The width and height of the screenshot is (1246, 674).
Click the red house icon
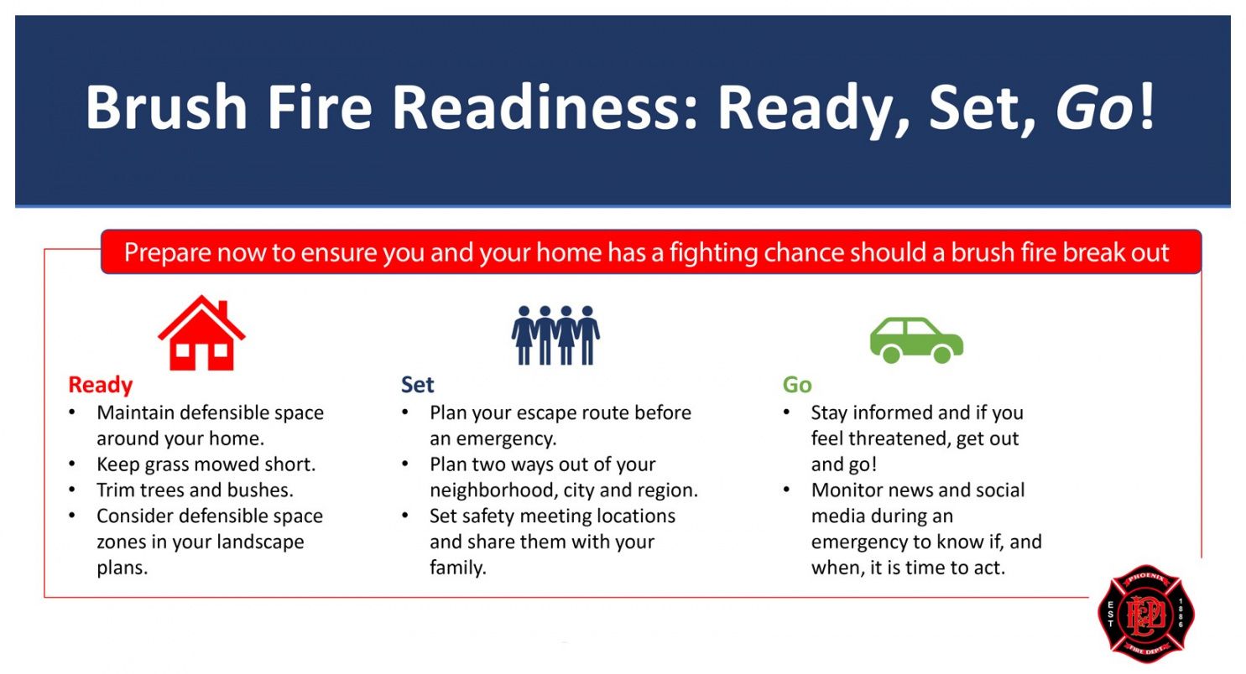(x=201, y=333)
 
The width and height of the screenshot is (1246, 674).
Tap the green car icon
(x=916, y=340)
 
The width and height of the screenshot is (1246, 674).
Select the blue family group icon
(x=555, y=335)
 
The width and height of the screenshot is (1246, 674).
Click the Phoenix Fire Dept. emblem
(x=1146, y=614)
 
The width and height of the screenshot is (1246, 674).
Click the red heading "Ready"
(x=100, y=385)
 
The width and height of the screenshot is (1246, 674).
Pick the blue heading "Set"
(x=417, y=385)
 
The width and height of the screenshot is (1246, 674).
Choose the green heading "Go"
(x=797, y=385)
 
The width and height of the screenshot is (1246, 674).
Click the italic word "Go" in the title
(x=1094, y=107)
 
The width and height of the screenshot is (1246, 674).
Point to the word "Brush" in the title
(x=166, y=107)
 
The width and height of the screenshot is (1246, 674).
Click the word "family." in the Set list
(x=458, y=568)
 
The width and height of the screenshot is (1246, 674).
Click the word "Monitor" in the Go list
(x=847, y=490)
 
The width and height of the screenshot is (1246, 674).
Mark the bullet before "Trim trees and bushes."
(x=72, y=490)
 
